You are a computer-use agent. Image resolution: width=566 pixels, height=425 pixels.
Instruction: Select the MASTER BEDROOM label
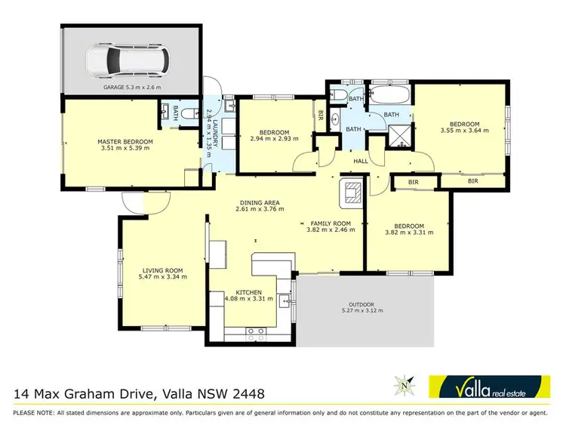[x=125, y=141]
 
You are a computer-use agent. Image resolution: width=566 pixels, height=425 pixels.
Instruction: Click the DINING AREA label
[x=260, y=202]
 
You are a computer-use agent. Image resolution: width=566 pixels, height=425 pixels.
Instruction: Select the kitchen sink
[x=285, y=300]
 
